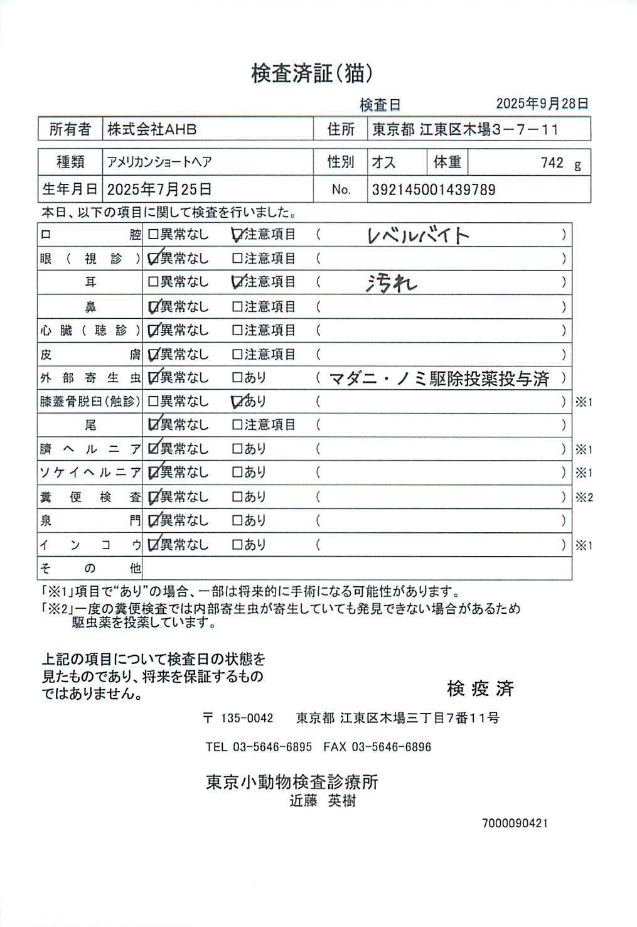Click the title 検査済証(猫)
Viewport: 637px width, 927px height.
click(312, 73)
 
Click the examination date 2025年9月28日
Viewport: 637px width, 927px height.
click(542, 104)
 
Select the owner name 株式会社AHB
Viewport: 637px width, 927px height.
click(152, 129)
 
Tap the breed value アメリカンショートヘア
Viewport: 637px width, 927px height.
click(159, 162)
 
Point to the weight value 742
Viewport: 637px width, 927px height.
click(552, 163)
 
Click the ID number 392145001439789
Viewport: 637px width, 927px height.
click(434, 190)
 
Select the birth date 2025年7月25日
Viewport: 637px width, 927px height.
click(159, 190)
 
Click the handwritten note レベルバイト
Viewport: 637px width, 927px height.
click(418, 235)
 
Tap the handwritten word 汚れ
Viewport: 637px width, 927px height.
click(392, 284)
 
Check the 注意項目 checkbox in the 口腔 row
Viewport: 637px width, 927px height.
click(237, 235)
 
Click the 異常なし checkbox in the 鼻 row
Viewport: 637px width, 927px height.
click(153, 307)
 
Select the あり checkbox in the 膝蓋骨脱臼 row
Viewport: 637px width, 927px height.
click(237, 401)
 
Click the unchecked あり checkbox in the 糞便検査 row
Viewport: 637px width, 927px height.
click(237, 496)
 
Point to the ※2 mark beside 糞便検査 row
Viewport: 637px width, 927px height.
click(584, 497)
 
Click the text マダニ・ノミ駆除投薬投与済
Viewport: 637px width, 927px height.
click(439, 378)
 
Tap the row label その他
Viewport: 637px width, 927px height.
click(90, 569)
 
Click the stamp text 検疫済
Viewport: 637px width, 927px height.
click(480, 689)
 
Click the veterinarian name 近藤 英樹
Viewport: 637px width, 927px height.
click(323, 801)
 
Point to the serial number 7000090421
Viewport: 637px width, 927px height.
click(515, 823)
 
